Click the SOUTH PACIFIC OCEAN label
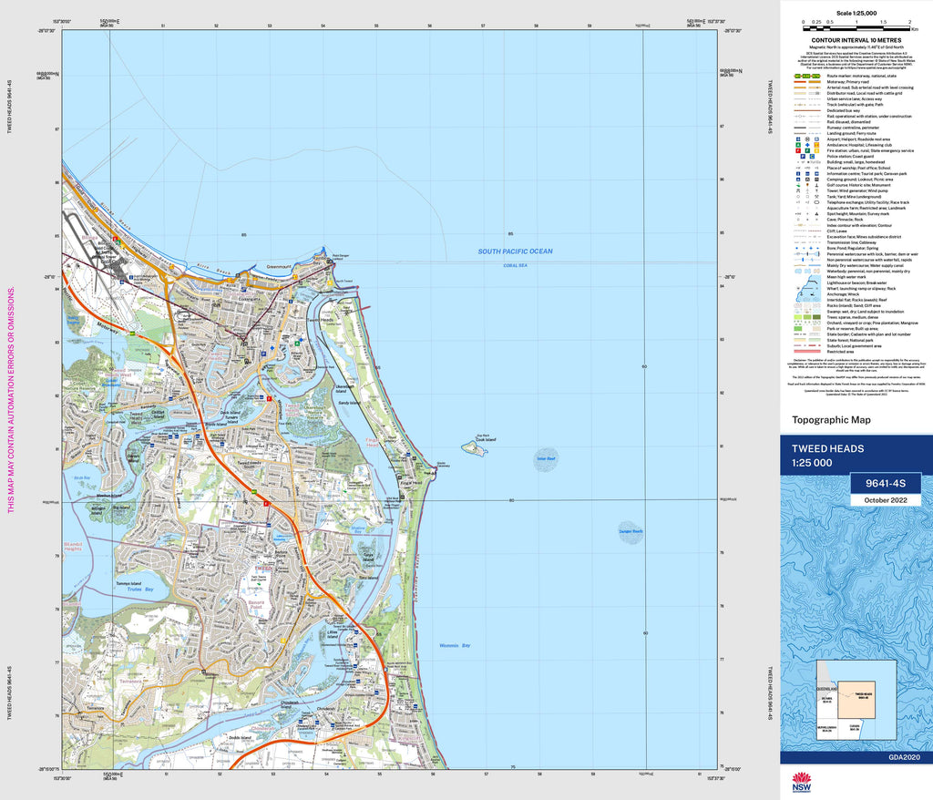click(x=517, y=251)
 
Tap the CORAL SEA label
click(x=516, y=265)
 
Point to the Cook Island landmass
click(x=474, y=448)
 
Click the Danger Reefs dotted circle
click(x=631, y=533)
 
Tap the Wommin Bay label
click(x=453, y=646)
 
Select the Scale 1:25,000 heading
click(x=856, y=14)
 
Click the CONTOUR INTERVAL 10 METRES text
click(x=856, y=40)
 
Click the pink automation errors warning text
click(x=11, y=401)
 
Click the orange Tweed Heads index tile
click(x=856, y=698)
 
